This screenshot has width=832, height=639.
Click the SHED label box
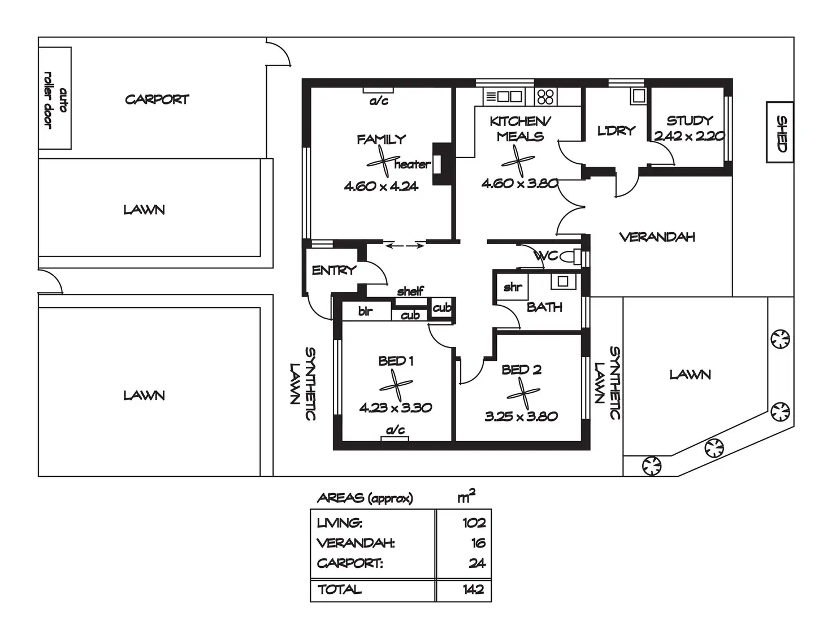780,133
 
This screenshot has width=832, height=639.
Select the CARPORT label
157,99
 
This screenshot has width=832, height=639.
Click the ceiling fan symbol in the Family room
383,162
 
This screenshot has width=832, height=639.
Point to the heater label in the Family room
412,164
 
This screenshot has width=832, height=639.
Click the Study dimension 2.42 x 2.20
689,136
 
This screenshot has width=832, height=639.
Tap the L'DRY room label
616,131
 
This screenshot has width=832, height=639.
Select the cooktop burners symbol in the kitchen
545,97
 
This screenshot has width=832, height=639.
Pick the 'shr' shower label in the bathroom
513,287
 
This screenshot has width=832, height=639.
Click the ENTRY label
333,271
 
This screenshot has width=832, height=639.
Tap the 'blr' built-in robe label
365,311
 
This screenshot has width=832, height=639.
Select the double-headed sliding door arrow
405,246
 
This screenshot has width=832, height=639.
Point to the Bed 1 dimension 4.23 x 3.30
396,407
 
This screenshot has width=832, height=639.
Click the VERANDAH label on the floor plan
657,237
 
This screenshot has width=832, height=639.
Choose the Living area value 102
474,523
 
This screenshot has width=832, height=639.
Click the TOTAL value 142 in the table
473,589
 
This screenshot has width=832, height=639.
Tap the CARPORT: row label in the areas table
350,563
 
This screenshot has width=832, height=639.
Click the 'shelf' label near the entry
410,291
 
